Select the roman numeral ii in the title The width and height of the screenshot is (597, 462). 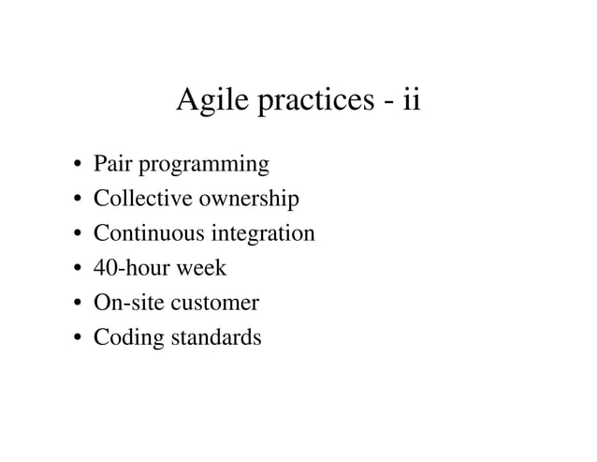point(411,99)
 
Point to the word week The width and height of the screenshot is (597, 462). point(202,268)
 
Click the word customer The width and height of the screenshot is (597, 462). point(215,304)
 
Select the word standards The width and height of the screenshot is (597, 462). point(214,337)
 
